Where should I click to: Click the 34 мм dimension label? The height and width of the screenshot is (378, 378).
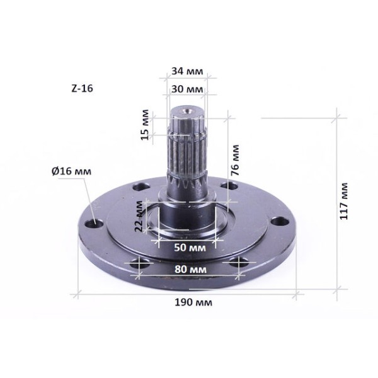point(187,71)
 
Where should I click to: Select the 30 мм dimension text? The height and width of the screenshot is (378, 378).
point(187,89)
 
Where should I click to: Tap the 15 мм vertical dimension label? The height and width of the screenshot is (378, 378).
point(145,125)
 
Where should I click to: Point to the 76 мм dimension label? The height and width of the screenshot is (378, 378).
point(234,160)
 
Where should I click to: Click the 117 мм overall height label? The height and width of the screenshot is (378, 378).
point(344,202)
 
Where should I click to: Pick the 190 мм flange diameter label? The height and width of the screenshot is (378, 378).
point(193,302)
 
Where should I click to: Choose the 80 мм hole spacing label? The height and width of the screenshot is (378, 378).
point(190,269)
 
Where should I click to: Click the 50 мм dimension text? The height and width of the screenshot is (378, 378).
point(190,248)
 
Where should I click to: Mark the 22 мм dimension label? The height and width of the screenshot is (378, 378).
point(139,217)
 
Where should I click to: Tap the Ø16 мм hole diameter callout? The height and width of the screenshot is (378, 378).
point(72,171)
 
